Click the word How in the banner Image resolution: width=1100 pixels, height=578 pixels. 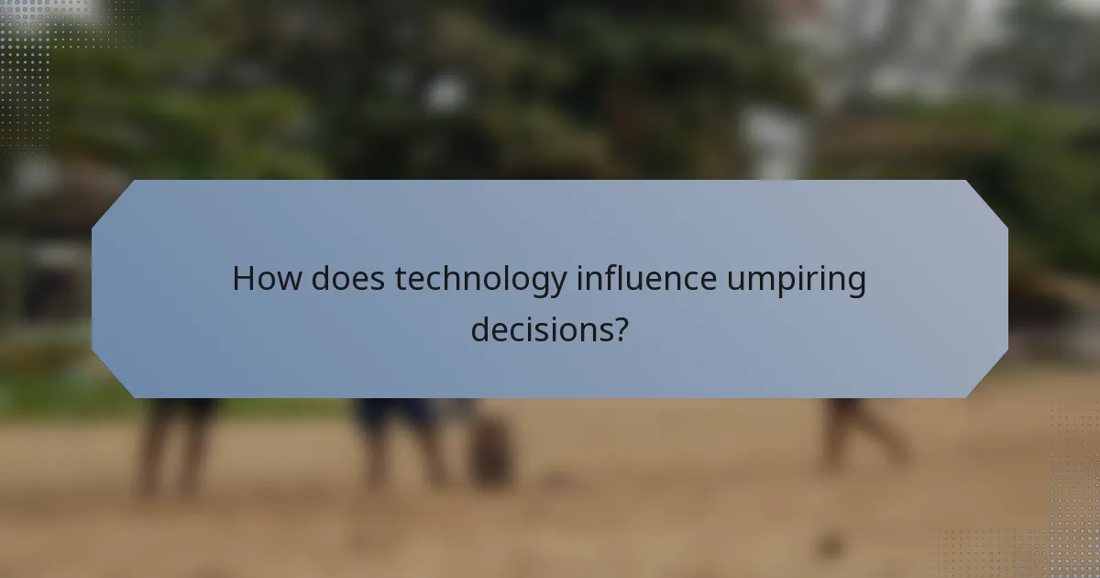[x=267, y=279]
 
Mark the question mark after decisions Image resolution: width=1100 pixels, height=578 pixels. [x=621, y=328]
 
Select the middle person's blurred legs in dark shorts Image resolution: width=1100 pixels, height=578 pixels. [x=399, y=440]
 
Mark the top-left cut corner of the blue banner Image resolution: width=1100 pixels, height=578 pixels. [x=112, y=200]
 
